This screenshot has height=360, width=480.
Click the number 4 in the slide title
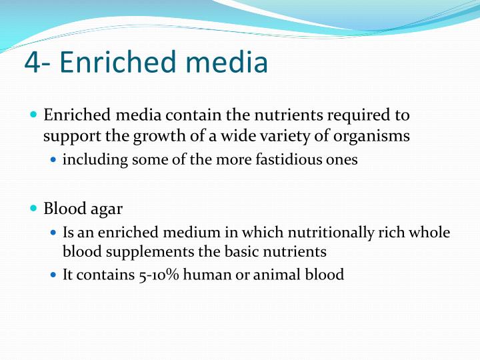tap(33, 63)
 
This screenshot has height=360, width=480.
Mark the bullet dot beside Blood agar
tap(34, 209)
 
